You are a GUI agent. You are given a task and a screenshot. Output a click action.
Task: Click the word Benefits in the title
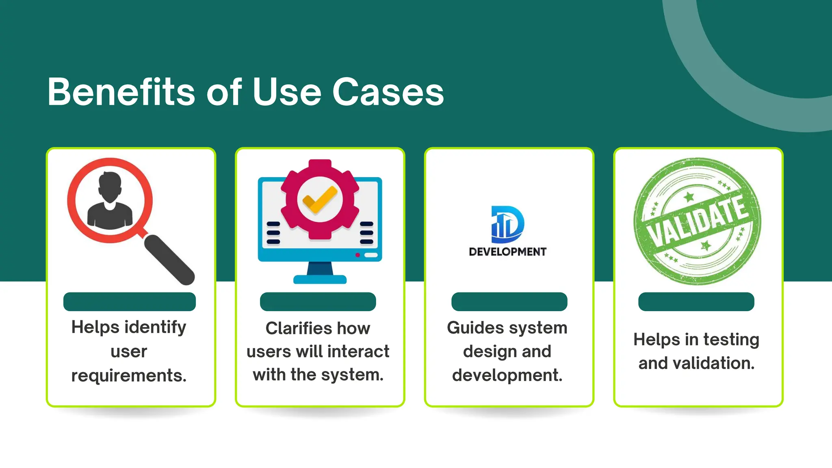(121, 92)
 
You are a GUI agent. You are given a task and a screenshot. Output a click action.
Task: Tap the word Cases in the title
(388, 92)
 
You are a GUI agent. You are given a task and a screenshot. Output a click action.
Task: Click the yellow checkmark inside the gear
(320, 199)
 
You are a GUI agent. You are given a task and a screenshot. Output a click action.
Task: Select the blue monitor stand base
(320, 279)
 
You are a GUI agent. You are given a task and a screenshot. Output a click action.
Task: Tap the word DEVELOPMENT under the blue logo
(507, 252)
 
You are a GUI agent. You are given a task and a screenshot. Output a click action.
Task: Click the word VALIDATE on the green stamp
(698, 221)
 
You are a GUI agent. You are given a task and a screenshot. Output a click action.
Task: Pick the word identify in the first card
(155, 327)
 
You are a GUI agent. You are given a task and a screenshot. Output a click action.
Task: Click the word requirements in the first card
(129, 375)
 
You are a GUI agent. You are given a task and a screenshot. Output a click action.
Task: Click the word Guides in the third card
(471, 328)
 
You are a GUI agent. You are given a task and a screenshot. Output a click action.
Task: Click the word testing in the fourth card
(731, 340)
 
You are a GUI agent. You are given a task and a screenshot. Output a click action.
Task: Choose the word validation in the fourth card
(713, 363)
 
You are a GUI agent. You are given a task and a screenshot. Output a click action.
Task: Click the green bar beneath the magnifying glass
(130, 302)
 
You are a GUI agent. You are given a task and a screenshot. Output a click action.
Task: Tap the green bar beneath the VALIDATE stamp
(696, 302)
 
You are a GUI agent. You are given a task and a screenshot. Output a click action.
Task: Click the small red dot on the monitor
(357, 255)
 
